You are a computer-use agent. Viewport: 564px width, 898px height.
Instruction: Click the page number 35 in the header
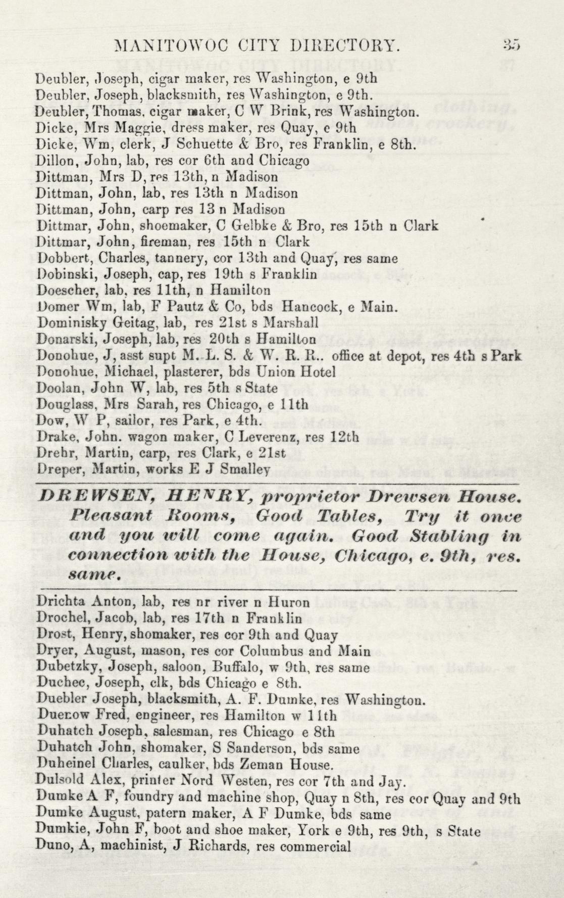pos(511,45)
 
